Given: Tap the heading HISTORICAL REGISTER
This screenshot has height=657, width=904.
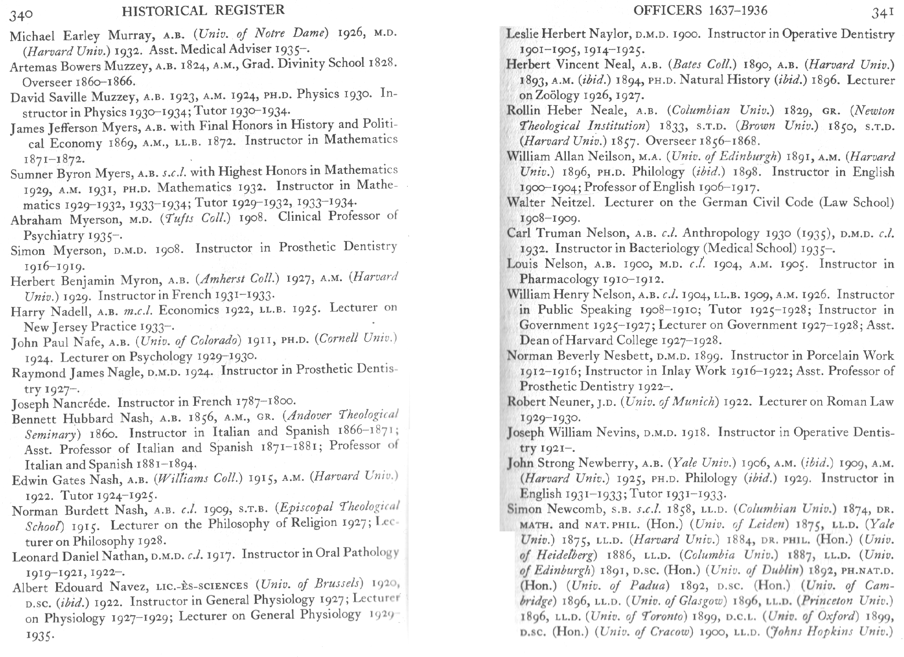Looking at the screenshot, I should [x=203, y=10].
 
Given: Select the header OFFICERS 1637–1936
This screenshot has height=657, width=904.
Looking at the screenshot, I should [x=700, y=11].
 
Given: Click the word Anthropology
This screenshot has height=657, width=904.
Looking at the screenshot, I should [x=720, y=233].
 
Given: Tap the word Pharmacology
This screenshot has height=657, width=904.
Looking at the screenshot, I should [x=559, y=279].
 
